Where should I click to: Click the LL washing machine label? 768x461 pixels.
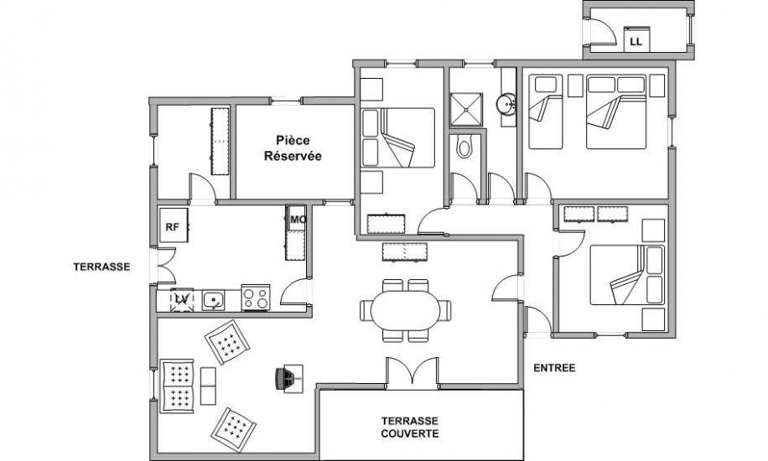[636, 42]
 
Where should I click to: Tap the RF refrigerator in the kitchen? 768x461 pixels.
[174, 225]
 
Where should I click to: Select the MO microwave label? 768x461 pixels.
[298, 220]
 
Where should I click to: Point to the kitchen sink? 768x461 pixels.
[213, 300]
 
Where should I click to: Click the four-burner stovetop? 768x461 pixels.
[255, 298]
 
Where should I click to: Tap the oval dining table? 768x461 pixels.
[406, 311]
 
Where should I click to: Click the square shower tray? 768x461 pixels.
[466, 109]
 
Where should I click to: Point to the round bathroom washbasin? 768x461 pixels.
[506, 104]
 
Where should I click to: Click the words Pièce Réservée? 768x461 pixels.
[293, 148]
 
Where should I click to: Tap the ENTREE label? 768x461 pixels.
[554, 368]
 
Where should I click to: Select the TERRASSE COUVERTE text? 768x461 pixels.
[410, 427]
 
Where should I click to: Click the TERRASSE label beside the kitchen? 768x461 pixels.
[102, 267]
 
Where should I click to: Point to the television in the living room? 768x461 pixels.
[289, 379]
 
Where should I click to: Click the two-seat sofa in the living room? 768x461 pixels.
[177, 386]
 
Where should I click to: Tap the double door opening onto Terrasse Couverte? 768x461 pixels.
[412, 373]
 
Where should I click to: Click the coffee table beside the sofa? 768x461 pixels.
[208, 386]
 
